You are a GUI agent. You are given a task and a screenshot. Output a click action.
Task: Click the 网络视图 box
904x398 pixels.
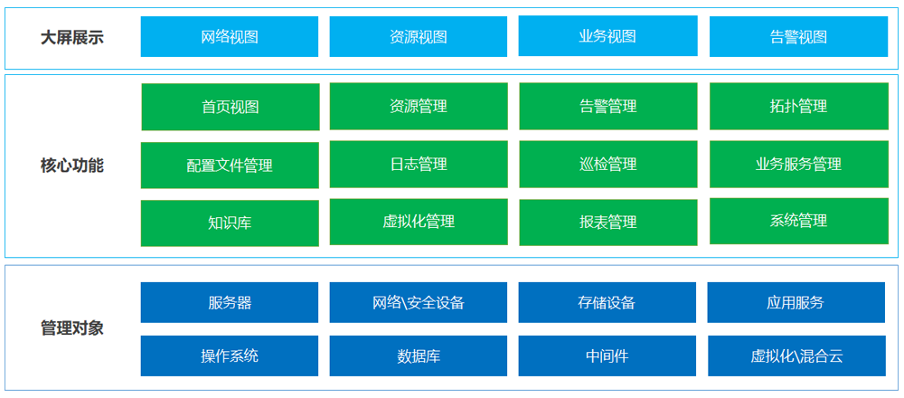pyautogui.click(x=230, y=37)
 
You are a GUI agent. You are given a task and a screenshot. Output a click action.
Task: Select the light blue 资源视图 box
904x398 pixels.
pyautogui.click(x=418, y=37)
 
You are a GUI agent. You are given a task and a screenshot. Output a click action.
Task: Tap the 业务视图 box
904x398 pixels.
pyautogui.click(x=607, y=36)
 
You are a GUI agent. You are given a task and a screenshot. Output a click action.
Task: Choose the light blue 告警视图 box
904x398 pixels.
pyautogui.click(x=798, y=37)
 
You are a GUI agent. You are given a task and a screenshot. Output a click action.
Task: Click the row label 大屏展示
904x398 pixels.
pyautogui.click(x=72, y=38)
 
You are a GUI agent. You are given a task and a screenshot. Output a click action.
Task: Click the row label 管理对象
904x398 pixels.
pyautogui.click(x=72, y=328)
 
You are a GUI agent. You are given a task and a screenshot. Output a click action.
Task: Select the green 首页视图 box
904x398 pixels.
pyautogui.click(x=230, y=107)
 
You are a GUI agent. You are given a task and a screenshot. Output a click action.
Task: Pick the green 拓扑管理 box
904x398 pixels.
pyautogui.click(x=798, y=106)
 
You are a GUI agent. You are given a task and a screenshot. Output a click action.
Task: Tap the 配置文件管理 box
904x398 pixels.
pyautogui.click(x=230, y=166)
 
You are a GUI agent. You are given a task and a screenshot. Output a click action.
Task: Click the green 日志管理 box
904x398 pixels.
pyautogui.click(x=419, y=165)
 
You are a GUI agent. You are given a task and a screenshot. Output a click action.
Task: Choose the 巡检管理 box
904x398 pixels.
pyautogui.click(x=608, y=165)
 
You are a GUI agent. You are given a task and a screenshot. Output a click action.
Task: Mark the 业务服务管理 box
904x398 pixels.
pyautogui.click(x=798, y=165)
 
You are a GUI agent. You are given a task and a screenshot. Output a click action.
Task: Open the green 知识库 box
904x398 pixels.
pyautogui.click(x=230, y=223)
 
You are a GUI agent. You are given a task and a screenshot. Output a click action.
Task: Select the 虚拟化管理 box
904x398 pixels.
pyautogui.click(x=419, y=223)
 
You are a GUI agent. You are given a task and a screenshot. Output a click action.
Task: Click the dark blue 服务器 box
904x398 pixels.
pyautogui.click(x=230, y=302)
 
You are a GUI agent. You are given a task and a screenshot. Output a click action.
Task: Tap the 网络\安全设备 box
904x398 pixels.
pyautogui.click(x=418, y=302)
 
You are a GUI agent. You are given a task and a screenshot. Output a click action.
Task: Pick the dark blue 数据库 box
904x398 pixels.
pyautogui.click(x=418, y=355)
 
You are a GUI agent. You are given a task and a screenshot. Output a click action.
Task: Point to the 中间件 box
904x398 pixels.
pyautogui.click(x=607, y=355)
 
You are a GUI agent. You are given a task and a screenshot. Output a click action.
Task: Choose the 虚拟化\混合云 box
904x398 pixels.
pyautogui.click(x=796, y=355)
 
